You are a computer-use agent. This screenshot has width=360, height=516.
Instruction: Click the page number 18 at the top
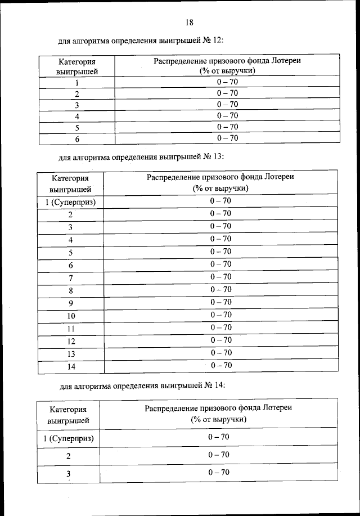pos(189,23)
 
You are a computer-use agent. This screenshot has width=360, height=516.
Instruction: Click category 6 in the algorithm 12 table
pos(77,138)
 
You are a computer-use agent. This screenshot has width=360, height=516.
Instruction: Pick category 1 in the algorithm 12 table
pos(77,83)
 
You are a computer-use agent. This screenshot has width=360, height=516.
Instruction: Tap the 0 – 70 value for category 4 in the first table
pos(227,115)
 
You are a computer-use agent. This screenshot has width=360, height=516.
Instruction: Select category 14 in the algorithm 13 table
pos(70,366)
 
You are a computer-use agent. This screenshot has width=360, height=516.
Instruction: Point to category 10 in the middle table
pos(70,316)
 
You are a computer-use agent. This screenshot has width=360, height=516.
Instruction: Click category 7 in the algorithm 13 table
pos(70,278)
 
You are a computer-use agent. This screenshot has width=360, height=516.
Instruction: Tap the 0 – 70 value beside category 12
pos(220,340)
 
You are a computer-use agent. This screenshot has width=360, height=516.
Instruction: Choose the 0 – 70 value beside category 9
pos(220,302)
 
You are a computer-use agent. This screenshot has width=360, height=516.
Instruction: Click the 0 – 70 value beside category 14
pos(220,366)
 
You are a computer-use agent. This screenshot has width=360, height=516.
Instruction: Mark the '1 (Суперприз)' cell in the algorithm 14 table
pos(68,438)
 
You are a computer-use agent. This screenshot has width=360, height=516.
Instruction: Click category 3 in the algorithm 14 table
pos(68,474)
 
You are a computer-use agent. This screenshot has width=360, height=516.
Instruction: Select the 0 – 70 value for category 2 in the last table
pos(218,455)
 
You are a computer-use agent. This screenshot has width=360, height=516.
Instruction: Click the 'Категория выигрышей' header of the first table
pos(77,66)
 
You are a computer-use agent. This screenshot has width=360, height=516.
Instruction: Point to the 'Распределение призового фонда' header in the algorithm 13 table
pos(220,177)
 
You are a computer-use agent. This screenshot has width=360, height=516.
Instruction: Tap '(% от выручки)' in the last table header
pos(218,420)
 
